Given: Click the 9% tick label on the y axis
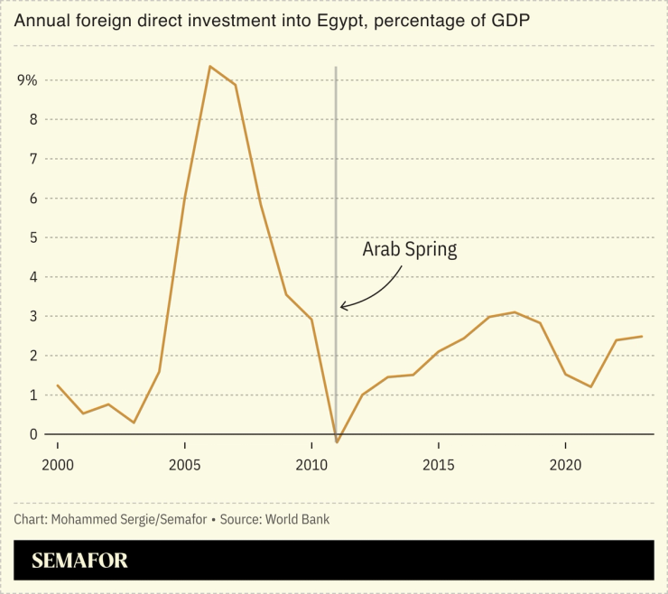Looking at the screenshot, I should point(28,80).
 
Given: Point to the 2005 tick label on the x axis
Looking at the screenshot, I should point(184,466).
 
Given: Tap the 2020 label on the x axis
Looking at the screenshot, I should point(565,466).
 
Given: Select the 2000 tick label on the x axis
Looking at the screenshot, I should point(58,466).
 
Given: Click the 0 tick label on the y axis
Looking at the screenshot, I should point(33,434).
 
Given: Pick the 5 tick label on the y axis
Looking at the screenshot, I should point(33,237).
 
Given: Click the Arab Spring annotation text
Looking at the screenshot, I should point(409,250).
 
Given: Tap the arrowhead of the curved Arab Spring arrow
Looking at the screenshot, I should point(343,307).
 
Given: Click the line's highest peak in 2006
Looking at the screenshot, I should point(209,66).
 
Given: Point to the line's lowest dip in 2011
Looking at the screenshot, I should point(337,442).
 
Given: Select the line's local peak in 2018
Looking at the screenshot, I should point(515,312).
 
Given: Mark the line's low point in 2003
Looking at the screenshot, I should point(134,422).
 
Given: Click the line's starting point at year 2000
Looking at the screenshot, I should point(58,385).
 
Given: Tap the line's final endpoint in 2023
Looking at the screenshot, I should point(642,337).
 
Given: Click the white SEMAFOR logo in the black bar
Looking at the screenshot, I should point(79,561).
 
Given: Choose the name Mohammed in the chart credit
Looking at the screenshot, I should point(83,520).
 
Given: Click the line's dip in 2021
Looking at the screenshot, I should point(590,386).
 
